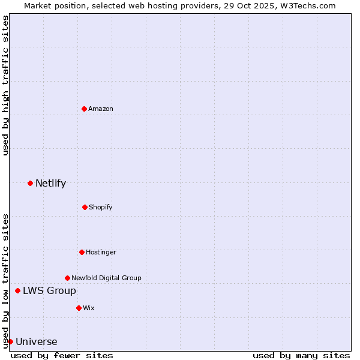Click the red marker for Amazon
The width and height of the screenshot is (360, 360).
point(84,109)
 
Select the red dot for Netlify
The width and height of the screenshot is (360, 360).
point(30,183)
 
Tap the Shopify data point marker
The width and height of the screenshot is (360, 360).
point(85,207)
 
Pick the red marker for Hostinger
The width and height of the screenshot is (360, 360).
point(82,252)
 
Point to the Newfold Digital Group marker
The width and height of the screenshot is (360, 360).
point(67,278)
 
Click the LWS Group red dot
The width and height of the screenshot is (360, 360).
point(17,290)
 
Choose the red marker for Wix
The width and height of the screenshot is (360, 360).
point(79,308)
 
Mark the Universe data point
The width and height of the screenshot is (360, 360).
point(10,341)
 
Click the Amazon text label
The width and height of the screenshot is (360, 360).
point(101,109)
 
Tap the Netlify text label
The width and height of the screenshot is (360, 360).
point(50,183)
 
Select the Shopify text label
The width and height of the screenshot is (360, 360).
point(101,207)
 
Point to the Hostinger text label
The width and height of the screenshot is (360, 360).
point(101,252)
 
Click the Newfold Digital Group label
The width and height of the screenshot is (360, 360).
point(106,278)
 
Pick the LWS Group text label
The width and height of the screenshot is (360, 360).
point(49,290)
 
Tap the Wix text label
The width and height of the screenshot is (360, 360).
point(89,308)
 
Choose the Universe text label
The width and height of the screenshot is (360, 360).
point(37,341)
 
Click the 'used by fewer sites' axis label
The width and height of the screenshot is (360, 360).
point(62,355)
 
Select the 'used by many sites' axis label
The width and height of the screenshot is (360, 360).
point(301,355)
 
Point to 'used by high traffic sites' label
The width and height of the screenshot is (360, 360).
point(5,85)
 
